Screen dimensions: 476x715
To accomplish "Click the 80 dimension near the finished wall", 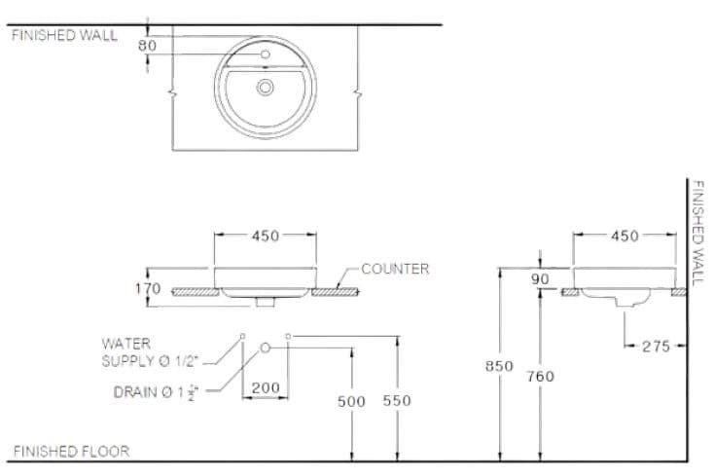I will click(147, 46).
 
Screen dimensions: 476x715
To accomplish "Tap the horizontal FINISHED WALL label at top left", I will click(64, 35).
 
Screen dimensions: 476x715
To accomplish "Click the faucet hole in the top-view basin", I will click(266, 53).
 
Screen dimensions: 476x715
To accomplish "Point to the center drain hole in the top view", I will click(266, 88).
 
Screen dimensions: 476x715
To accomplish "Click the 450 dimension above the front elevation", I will click(266, 236).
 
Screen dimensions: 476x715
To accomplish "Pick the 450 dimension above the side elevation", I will click(625, 236).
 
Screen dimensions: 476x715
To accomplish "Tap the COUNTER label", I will click(395, 269).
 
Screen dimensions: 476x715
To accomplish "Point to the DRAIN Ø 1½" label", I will click(156, 392).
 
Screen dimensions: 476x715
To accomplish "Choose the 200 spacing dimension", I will click(266, 387).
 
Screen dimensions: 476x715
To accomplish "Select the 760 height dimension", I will click(539, 376).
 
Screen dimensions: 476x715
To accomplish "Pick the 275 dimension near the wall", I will click(656, 346).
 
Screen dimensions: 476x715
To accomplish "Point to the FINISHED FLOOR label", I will click(71, 452).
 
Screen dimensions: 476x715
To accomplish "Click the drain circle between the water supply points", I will click(265, 347).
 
